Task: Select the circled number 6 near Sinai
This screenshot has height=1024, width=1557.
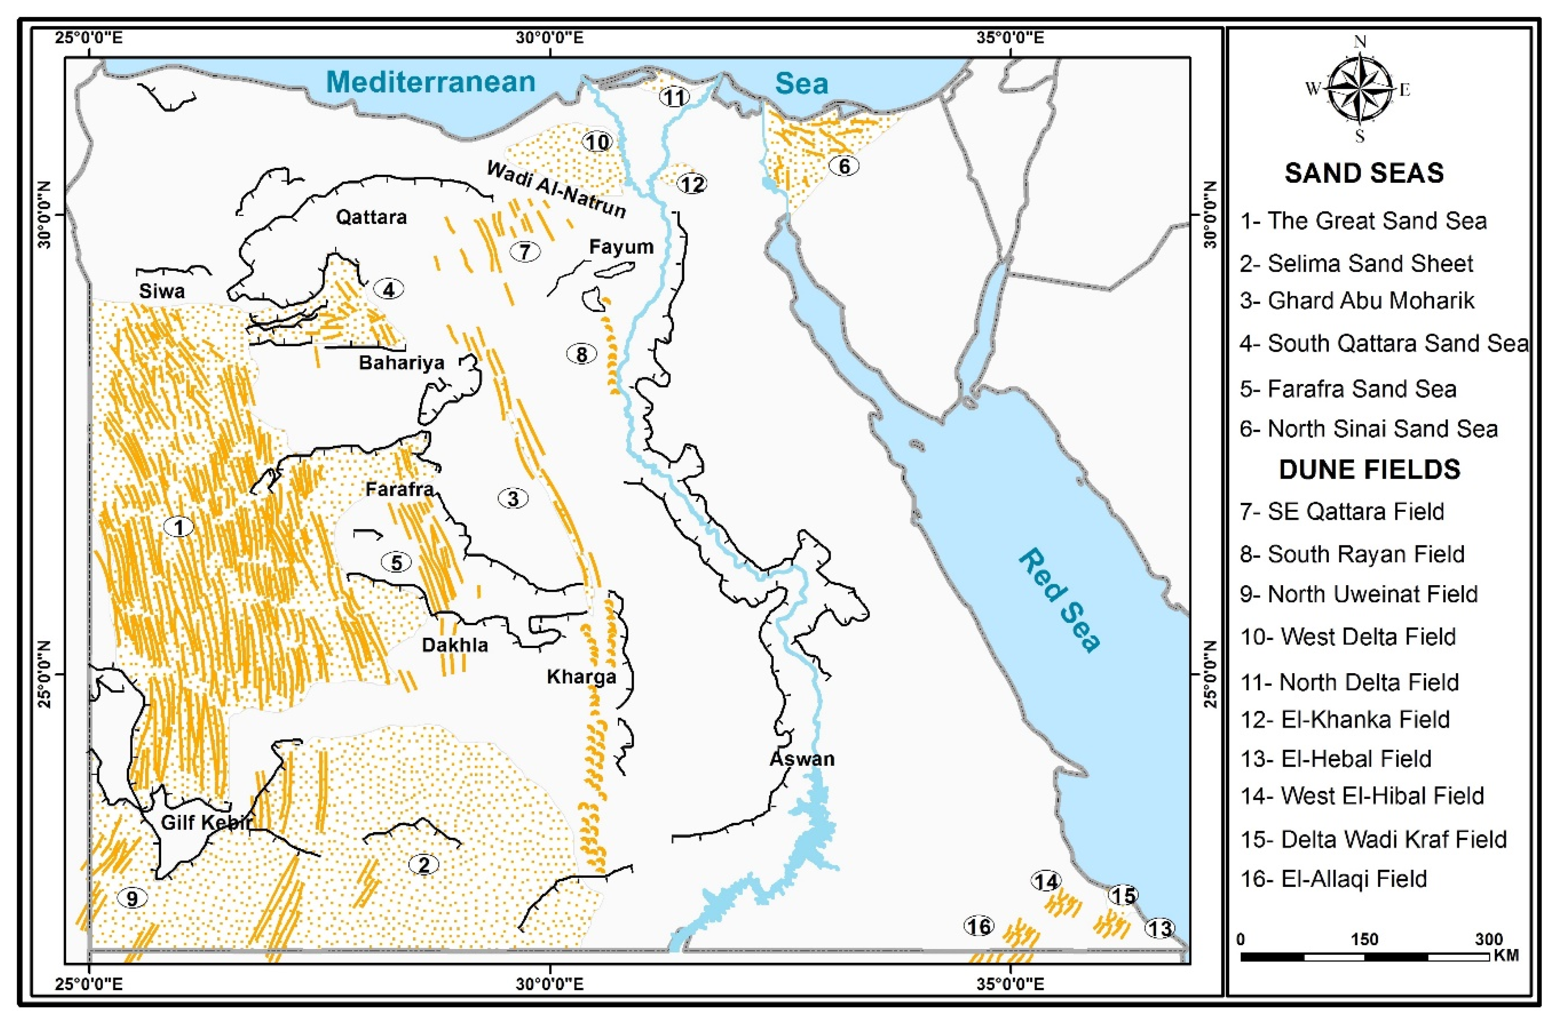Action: [x=844, y=166]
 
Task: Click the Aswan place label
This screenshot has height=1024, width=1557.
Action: [x=802, y=759]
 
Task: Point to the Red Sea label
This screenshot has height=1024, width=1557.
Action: [x=1060, y=600]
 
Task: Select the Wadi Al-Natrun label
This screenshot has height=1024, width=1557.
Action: [x=556, y=189]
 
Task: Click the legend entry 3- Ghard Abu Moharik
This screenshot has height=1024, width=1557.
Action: [x=1357, y=301]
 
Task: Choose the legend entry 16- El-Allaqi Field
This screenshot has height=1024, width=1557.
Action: [x=1333, y=879]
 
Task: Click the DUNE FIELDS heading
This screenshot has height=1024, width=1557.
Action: [x=1369, y=469]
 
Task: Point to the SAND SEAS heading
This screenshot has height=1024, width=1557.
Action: [x=1364, y=173]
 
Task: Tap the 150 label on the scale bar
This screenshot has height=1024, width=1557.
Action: [x=1364, y=940]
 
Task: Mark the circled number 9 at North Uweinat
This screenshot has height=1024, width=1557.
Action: [x=132, y=898]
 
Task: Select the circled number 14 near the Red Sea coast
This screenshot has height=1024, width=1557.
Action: [x=1045, y=882]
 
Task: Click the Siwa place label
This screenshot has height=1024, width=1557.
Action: [x=161, y=291]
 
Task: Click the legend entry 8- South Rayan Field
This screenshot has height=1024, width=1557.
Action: [x=1351, y=555]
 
